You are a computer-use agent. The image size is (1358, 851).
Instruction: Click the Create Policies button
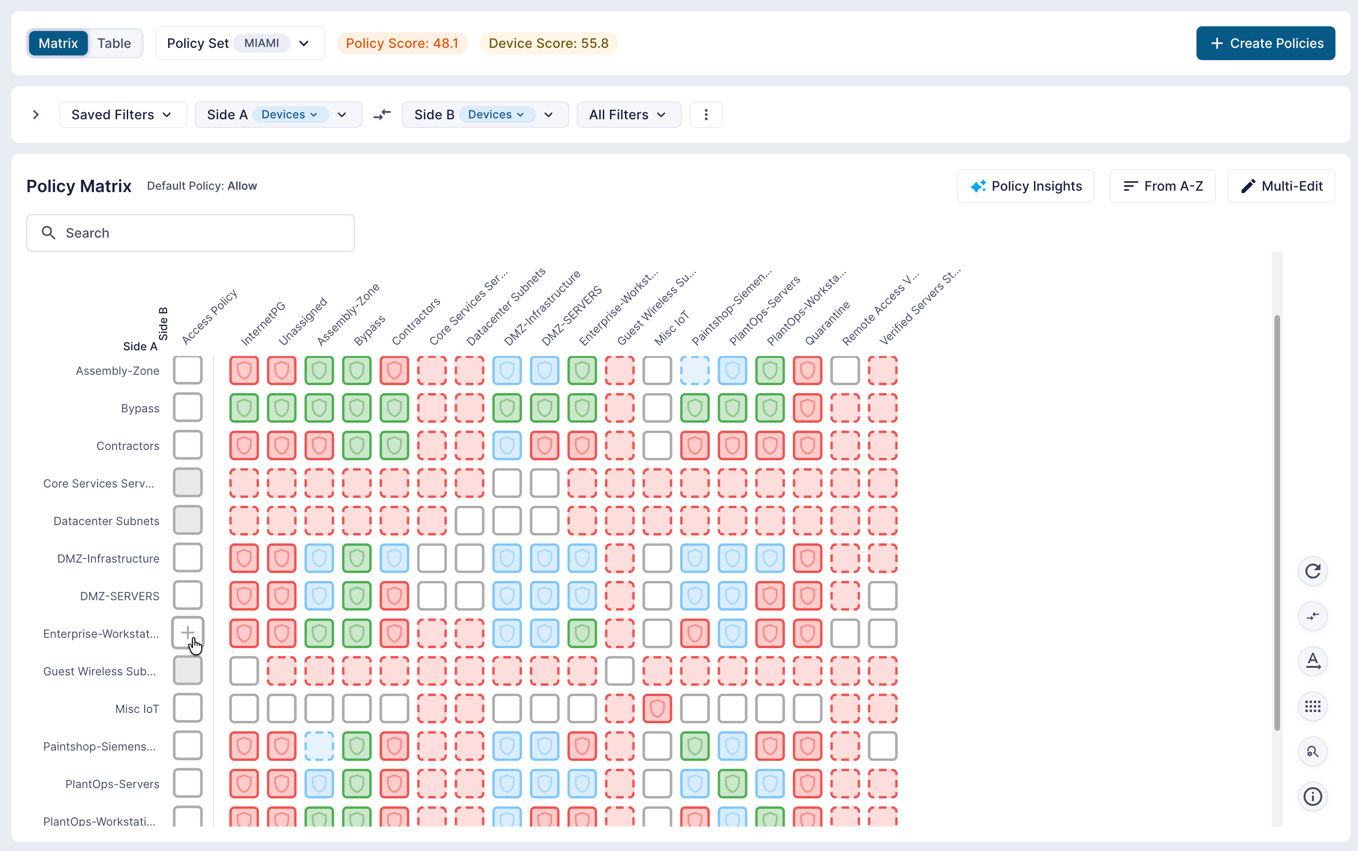(x=1265, y=43)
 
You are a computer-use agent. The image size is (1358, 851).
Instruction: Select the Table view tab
(x=114, y=43)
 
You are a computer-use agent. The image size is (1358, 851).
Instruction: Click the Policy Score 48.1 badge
(x=402, y=43)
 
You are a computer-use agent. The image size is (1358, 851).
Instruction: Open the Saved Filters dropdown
(x=123, y=115)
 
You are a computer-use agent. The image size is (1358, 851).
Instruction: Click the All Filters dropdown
(x=629, y=115)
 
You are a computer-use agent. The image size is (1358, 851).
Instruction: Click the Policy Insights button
(x=1026, y=186)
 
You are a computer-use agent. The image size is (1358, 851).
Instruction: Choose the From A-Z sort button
(x=1162, y=186)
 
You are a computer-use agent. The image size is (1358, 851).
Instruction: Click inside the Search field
(x=190, y=233)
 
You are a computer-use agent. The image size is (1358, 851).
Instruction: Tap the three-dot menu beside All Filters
(x=706, y=115)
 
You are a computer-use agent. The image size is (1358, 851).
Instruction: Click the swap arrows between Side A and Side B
(x=382, y=115)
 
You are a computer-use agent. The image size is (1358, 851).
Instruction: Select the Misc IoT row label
(x=137, y=709)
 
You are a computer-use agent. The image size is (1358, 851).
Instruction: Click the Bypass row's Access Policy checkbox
(x=187, y=408)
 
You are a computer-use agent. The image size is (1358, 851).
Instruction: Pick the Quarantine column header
(x=827, y=323)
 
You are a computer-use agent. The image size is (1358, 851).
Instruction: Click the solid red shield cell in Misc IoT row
(x=657, y=709)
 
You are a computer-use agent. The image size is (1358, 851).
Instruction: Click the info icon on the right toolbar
(x=1312, y=797)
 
